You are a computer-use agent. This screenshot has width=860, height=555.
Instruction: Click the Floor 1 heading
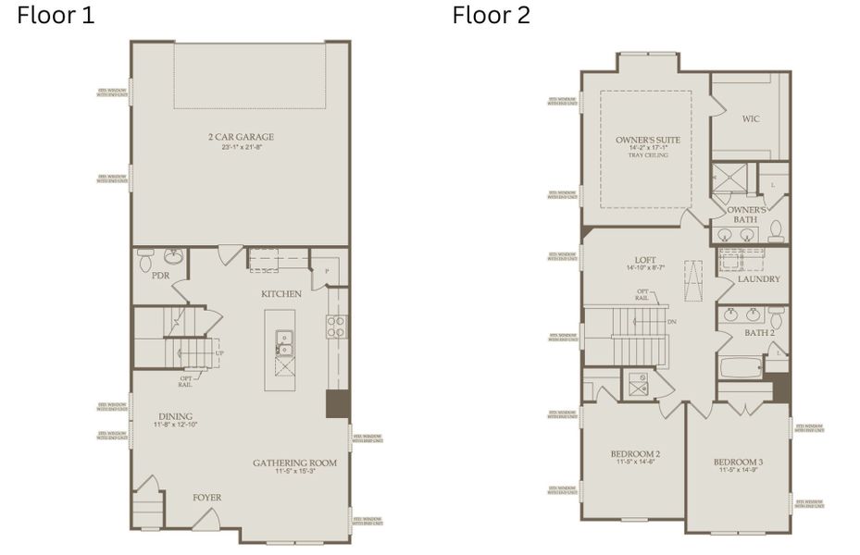point(56,16)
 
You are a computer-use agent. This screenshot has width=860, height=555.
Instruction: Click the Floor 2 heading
point(491,16)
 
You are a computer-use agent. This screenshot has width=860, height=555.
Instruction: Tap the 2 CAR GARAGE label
point(241,137)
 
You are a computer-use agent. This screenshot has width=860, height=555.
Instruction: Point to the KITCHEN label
point(280,293)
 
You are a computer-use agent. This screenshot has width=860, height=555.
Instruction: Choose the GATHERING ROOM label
point(295,462)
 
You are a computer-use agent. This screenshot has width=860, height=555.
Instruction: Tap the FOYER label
point(206,498)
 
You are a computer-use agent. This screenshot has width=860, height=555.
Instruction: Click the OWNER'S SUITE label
point(648,140)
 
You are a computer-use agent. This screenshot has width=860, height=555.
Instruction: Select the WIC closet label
point(751,118)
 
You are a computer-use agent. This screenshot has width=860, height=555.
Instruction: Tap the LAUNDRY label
point(759,278)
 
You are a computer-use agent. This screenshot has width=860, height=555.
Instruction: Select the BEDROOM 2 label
point(634,453)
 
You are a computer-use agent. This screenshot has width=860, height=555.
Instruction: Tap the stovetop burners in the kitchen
point(337,326)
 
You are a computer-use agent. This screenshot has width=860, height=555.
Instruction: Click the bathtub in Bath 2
point(740,369)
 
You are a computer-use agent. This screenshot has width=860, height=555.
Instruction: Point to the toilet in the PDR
point(172,256)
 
